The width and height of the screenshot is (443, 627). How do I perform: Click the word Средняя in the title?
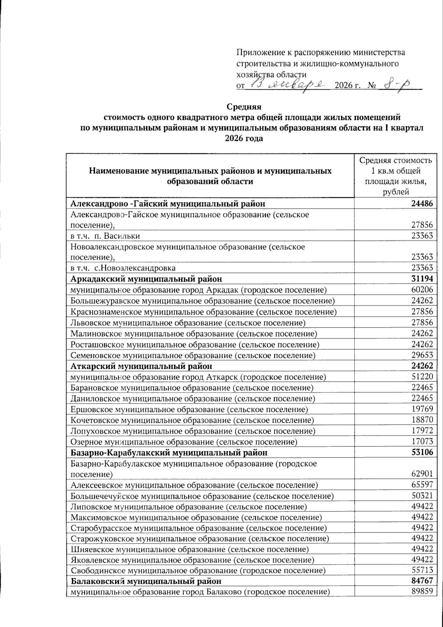coord(244,107)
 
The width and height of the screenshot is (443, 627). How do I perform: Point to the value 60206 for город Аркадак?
coord(422,290)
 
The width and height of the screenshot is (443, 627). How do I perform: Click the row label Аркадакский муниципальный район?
coord(146,279)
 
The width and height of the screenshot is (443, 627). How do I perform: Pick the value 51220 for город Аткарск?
coord(422,377)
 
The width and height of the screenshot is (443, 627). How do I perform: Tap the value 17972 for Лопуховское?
coord(422,431)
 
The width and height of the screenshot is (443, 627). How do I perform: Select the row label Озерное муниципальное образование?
coord(184,442)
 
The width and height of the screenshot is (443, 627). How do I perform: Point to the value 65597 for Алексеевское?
coord(422,485)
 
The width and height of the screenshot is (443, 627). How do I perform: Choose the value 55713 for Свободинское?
coord(422,571)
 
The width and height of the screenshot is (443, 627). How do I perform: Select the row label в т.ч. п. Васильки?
coord(105,236)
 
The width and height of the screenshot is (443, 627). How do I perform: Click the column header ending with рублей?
coord(395,176)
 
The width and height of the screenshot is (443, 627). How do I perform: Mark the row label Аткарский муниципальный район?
coord(141,366)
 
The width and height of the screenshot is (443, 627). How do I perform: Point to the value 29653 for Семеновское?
coord(422,355)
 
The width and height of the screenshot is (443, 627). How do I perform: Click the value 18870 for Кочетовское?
coord(422,420)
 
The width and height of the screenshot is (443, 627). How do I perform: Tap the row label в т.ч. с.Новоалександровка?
coord(123,268)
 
